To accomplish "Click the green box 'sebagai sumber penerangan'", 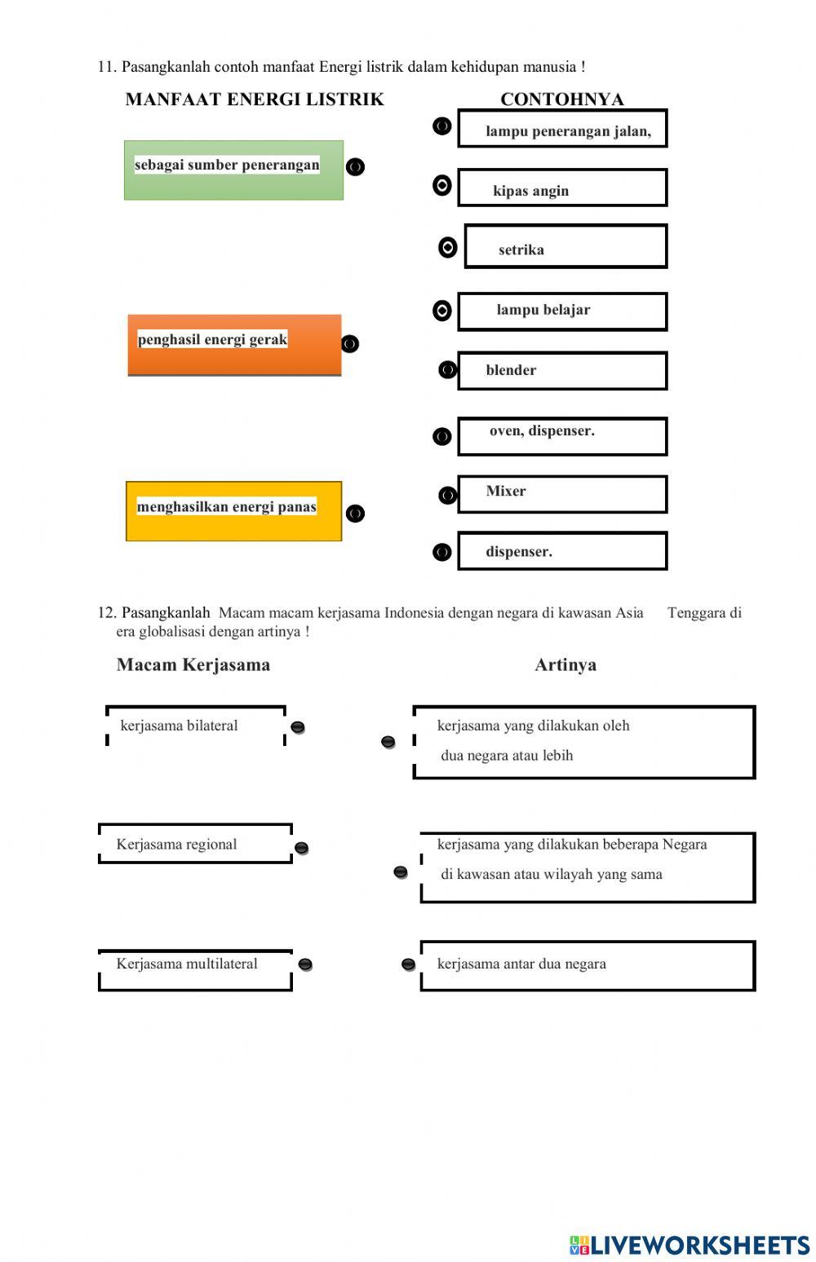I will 233,170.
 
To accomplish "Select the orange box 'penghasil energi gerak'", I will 234,345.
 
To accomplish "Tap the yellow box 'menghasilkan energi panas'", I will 233,511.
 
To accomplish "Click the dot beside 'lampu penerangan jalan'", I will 441,126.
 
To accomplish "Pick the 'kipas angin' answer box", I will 562,188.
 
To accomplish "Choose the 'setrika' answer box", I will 565,247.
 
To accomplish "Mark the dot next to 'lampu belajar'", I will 441,311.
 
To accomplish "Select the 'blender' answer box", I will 562,371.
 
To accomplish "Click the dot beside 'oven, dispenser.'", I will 441,437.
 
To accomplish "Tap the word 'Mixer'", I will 506,491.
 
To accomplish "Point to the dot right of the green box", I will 355,167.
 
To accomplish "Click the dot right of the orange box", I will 350,344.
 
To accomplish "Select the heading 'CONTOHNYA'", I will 561,99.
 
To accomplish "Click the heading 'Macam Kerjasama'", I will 193,664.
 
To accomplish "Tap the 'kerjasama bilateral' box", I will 196,726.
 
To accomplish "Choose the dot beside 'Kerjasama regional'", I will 301,848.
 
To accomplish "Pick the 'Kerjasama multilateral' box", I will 195,969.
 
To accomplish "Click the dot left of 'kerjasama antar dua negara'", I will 408,964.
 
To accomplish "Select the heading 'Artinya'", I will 565,664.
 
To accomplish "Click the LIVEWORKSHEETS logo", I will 690,1245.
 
